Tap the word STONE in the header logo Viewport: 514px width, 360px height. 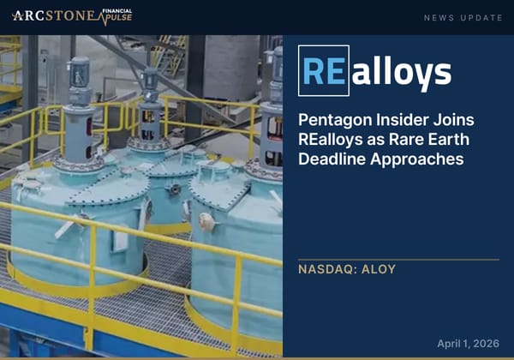69,15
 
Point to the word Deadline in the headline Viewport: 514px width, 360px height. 333,159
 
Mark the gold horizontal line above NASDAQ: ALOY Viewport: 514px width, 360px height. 397,259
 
